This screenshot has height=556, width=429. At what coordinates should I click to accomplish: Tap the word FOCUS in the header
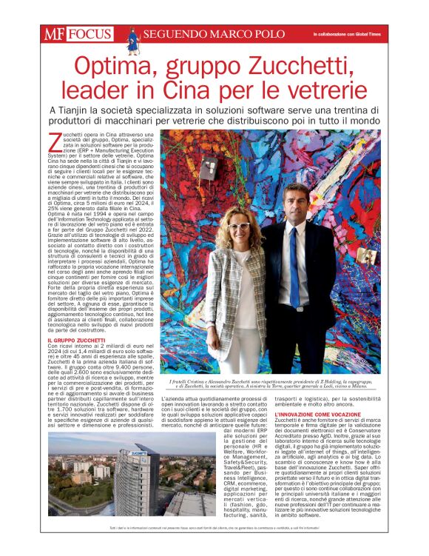(89, 34)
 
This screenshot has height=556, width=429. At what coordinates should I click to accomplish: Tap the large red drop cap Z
(53, 141)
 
